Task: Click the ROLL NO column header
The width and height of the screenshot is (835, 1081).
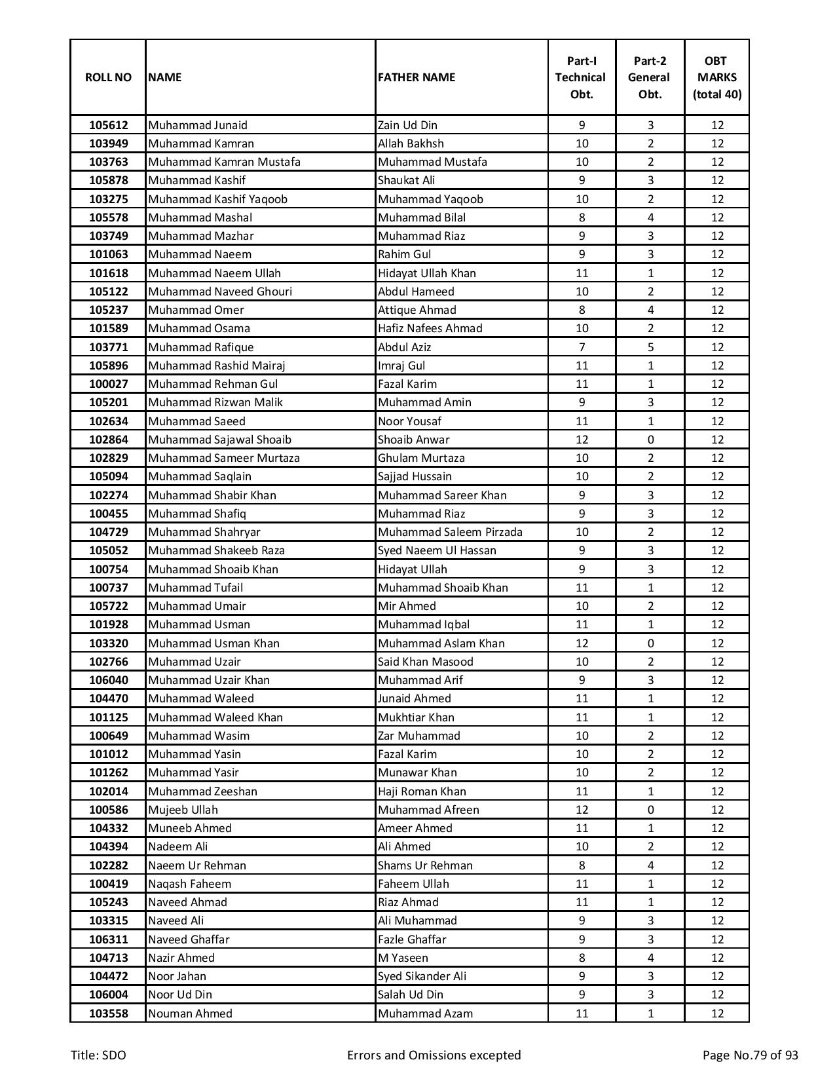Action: (x=108, y=77)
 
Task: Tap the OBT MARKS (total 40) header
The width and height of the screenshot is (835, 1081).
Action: (x=716, y=77)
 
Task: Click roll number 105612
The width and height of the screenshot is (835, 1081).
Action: (x=108, y=125)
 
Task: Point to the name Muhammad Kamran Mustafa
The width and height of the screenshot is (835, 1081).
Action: (x=224, y=162)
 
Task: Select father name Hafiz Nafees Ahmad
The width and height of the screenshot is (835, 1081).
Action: (x=430, y=328)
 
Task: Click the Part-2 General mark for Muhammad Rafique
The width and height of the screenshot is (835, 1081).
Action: (x=650, y=347)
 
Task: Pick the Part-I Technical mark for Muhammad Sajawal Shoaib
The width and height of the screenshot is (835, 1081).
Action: (x=582, y=440)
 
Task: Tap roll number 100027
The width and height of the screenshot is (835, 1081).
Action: (x=108, y=384)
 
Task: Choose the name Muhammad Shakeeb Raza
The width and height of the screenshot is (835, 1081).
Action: (x=216, y=550)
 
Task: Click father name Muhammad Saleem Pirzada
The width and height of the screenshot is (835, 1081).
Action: (x=450, y=532)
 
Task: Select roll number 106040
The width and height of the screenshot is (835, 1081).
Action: (x=108, y=680)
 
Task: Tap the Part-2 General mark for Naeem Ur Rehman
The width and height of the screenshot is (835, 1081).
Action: (x=650, y=865)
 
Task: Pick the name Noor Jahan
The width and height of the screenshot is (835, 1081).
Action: (x=177, y=976)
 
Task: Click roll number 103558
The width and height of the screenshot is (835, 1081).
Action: (x=108, y=1014)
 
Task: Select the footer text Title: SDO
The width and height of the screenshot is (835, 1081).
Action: (x=98, y=1055)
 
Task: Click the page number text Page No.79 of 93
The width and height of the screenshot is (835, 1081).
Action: (x=750, y=1055)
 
